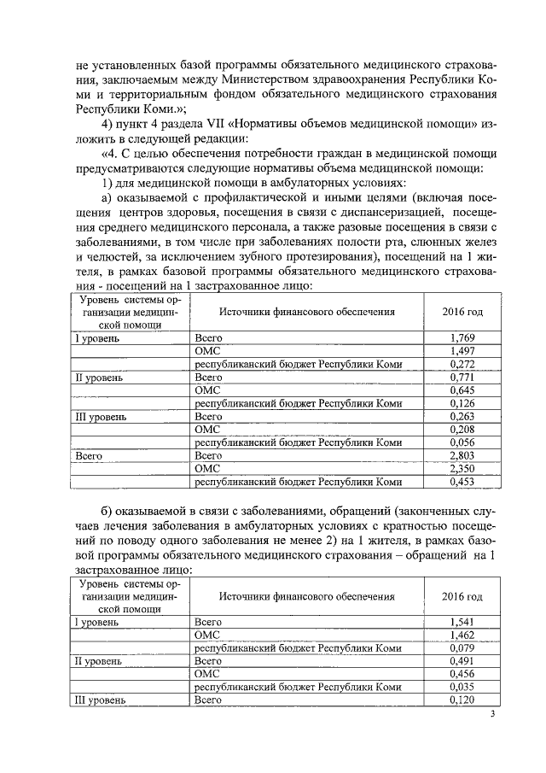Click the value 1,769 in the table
pos(462,338)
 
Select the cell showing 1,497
pos(462,351)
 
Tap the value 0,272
pos(462,364)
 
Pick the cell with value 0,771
pos(462,377)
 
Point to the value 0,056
pos(462,442)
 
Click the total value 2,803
pos(462,456)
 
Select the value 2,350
pos(462,469)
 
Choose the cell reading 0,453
pos(462,482)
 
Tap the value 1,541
pos(462,622)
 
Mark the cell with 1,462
pos(462,635)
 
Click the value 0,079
pos(462,647)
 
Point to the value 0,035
pos(462,687)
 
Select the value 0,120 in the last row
pos(462,700)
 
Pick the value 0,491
pos(462,661)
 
